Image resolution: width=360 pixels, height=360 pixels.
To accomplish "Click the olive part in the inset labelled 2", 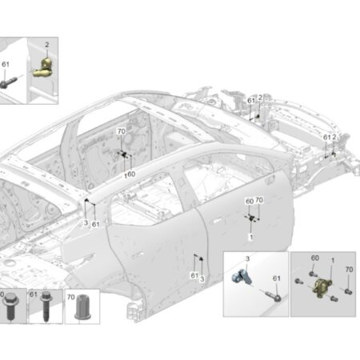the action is (x=44, y=68).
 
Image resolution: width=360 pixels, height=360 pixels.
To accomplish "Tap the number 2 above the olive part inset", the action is (x=47, y=45).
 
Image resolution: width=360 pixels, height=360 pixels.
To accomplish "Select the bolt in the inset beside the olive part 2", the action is (x=9, y=82).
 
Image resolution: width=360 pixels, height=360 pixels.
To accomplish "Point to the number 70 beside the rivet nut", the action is (x=70, y=297).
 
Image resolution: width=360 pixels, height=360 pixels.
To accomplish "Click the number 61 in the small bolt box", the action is (x=34, y=294).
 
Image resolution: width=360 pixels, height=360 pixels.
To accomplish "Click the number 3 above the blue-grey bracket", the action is (x=247, y=258).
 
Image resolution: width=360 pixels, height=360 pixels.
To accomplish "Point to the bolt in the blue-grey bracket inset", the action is (x=273, y=296).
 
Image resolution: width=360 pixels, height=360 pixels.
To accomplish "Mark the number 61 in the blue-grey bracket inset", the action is (x=277, y=278).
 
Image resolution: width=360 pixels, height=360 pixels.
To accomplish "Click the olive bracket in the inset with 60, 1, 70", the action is (x=322, y=286).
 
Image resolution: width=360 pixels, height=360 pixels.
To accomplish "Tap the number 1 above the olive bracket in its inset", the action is (x=333, y=260).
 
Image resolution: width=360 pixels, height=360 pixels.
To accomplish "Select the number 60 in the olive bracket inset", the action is (x=315, y=258).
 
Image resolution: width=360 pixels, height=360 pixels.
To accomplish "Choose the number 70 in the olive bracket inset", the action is (x=349, y=270).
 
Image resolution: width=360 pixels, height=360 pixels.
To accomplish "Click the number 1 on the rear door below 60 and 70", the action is (x=250, y=237).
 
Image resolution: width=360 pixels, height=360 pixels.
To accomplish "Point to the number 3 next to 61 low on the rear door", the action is (x=202, y=279).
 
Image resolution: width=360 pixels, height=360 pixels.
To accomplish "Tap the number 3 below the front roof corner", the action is (x=86, y=222).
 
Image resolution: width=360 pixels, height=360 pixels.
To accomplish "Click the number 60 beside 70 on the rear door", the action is (x=250, y=202).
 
